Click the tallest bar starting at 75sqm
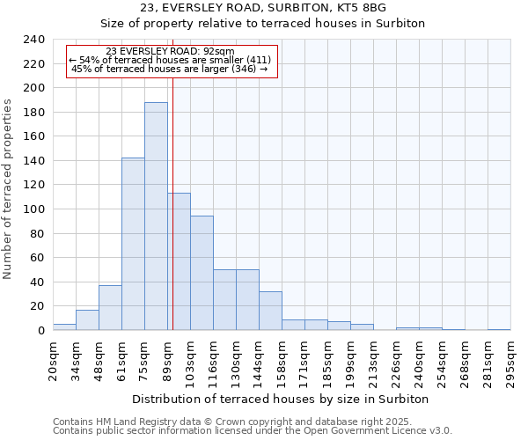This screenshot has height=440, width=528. click(156, 216)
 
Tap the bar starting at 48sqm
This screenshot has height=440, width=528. click(110, 308)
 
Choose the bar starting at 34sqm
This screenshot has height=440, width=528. click(87, 320)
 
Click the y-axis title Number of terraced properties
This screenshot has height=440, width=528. click(9, 189)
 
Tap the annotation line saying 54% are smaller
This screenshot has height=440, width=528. click(172, 60)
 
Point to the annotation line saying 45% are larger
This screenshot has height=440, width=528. click(172, 69)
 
